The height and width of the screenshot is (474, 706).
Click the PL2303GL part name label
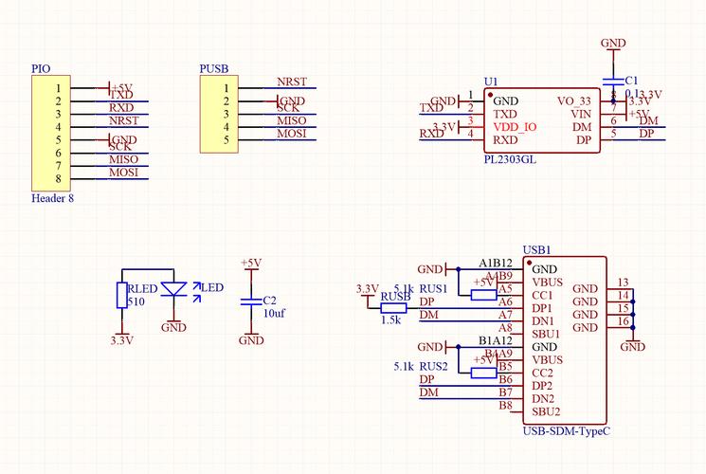click(x=510, y=160)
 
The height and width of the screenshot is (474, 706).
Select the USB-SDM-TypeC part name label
click(x=566, y=431)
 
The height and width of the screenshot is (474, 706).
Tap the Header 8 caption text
click(x=52, y=199)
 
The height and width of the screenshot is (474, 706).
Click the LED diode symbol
click(x=173, y=288)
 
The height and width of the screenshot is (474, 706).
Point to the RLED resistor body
click(x=121, y=296)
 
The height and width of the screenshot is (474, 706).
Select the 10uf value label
click(x=275, y=312)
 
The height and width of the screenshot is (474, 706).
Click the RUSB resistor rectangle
click(x=394, y=306)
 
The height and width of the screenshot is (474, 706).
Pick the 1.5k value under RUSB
click(x=390, y=319)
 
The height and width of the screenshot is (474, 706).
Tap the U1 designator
click(x=490, y=82)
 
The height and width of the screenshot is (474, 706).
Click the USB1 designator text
click(x=536, y=250)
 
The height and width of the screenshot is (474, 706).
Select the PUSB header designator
click(x=213, y=69)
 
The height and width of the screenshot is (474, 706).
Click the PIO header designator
click(x=41, y=69)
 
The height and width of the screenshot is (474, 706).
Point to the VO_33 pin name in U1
click(x=574, y=100)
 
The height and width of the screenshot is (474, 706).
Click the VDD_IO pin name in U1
click(x=516, y=127)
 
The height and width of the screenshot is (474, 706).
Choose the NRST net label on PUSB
click(x=291, y=82)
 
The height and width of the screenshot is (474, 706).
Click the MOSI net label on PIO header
click(x=124, y=173)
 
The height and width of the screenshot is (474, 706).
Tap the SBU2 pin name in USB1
click(x=546, y=411)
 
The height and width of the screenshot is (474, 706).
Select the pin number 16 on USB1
click(x=623, y=321)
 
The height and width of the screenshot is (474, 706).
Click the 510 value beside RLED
click(x=136, y=302)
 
